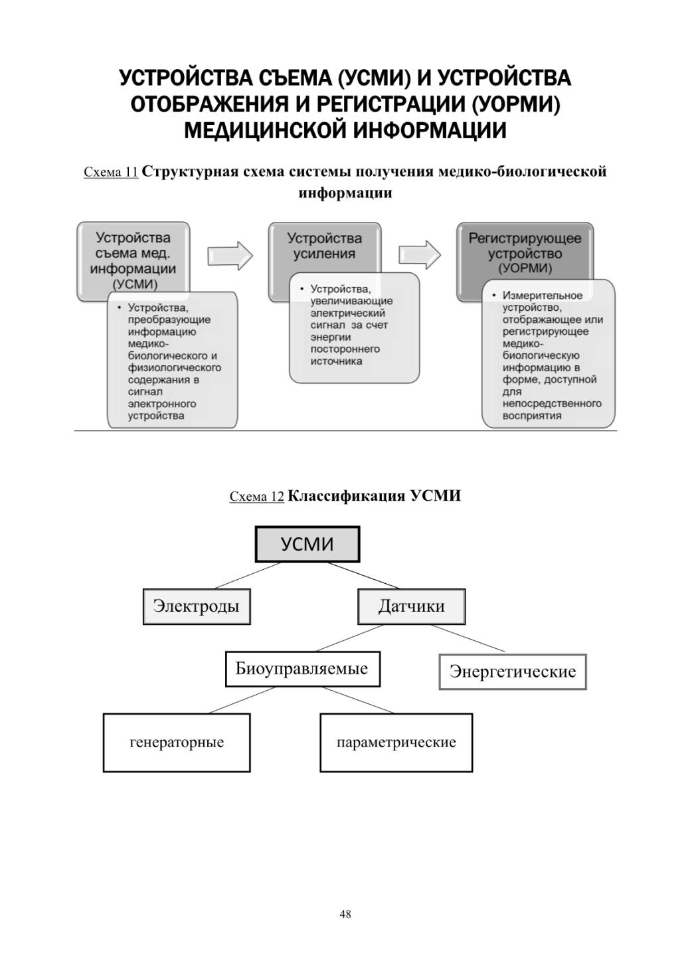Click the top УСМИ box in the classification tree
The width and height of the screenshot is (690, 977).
[307, 544]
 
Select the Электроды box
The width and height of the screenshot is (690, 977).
[197, 606]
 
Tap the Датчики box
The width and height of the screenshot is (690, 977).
[411, 606]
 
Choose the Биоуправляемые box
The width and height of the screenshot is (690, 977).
[303, 669]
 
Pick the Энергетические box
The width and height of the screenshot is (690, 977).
[513, 671]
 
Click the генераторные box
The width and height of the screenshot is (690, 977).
[177, 743]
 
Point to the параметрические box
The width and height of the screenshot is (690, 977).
[396, 743]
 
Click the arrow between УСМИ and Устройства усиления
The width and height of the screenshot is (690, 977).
[230, 255]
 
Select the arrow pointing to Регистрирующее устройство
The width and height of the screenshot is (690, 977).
[420, 255]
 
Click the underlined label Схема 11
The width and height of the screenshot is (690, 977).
[111, 172]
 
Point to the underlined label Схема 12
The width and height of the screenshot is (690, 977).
[257, 496]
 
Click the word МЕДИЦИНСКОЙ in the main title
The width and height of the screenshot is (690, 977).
[266, 130]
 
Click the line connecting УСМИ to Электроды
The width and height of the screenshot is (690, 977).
[247, 576]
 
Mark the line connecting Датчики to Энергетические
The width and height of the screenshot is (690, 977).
[468, 638]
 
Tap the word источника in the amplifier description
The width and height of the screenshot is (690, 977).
[336, 361]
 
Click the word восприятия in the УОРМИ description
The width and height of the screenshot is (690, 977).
[532, 416]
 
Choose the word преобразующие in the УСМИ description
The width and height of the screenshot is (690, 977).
[169, 319]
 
